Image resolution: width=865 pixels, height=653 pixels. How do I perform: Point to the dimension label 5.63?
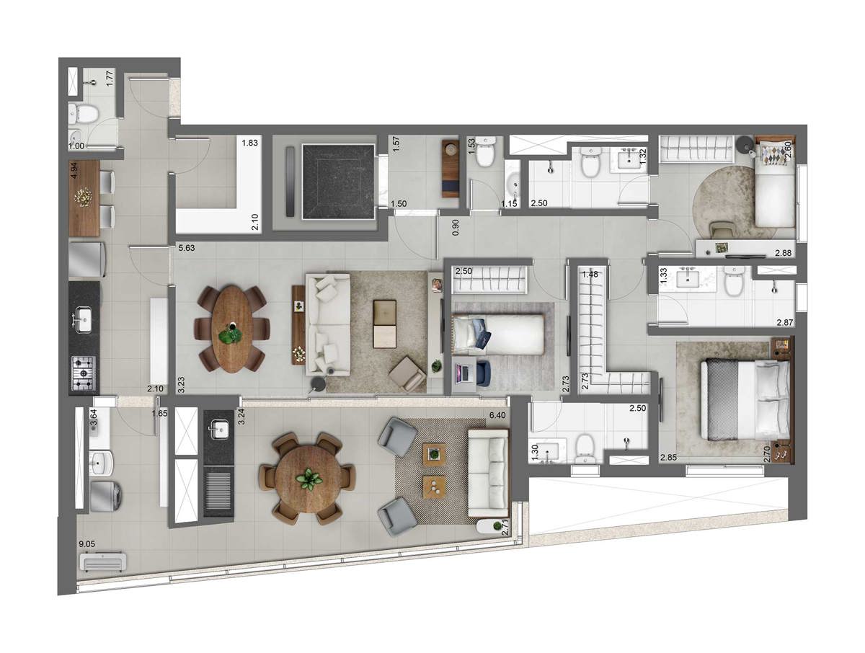click(187, 249)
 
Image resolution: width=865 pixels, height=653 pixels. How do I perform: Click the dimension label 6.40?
click(497, 416)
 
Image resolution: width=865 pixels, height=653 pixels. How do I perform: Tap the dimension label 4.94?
click(74, 171)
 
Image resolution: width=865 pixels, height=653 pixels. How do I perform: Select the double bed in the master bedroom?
click(746, 400)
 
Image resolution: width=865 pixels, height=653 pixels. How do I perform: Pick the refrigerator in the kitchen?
click(87, 259)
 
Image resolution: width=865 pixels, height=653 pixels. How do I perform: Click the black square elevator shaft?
click(339, 181)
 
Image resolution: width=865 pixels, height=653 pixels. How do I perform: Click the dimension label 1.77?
click(110, 78)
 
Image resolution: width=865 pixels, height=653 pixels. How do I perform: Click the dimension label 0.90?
click(455, 224)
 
